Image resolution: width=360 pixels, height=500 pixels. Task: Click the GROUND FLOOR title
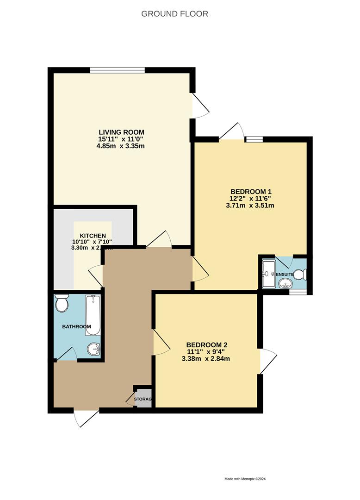click(x=174, y=14)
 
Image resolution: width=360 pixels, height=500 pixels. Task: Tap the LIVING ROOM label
click(x=122, y=131)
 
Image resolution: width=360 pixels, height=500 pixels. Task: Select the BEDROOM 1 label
click(x=251, y=192)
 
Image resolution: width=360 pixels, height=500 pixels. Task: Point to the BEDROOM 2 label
click(x=207, y=345)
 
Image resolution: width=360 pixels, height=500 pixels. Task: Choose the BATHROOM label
click(x=76, y=326)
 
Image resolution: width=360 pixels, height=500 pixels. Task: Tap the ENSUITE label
click(x=285, y=275)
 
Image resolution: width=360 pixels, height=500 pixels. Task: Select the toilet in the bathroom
click(x=61, y=304)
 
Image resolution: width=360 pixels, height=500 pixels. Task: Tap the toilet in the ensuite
click(x=299, y=275)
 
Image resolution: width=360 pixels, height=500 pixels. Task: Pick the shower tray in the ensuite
click(x=268, y=274)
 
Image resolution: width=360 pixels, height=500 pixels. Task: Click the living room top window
click(x=118, y=70)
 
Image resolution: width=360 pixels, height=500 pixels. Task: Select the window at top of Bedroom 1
click(x=254, y=138)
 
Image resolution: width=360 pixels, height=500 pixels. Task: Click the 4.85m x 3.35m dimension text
click(x=122, y=146)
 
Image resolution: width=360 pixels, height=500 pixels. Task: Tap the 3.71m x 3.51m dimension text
click(x=250, y=206)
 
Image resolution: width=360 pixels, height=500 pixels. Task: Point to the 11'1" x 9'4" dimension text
click(x=207, y=352)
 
